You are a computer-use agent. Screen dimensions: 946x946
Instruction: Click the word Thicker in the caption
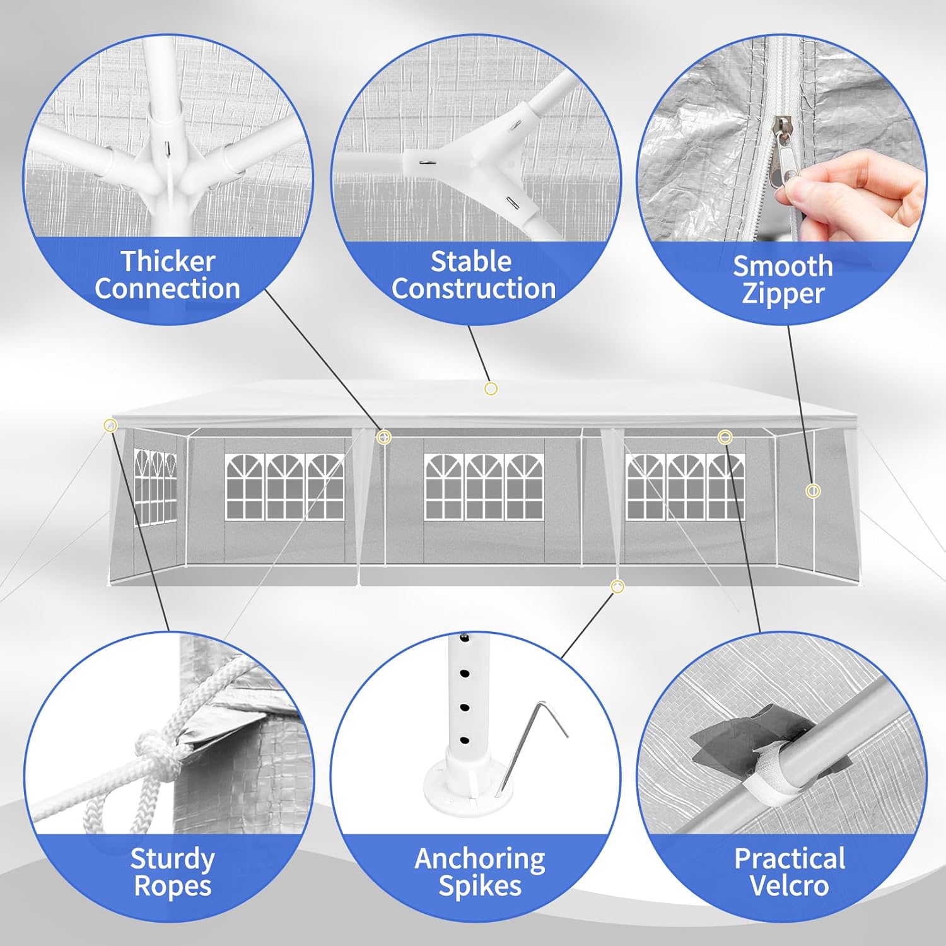(168, 261)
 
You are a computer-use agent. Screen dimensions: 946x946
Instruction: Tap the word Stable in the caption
(470, 261)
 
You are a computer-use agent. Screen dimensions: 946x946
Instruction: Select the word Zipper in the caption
(783, 294)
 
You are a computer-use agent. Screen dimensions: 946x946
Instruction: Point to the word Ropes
(172, 886)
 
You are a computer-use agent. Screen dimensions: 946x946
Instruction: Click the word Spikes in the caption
(480, 886)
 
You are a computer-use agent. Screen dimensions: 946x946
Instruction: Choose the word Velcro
(789, 885)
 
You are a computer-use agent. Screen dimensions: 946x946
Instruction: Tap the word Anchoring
(480, 859)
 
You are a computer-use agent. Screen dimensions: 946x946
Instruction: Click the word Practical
(790, 858)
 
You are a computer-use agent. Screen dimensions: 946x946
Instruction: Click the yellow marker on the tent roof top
(491, 388)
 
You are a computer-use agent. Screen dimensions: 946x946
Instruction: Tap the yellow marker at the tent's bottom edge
(618, 587)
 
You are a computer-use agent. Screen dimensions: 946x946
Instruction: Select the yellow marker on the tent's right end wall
(813, 491)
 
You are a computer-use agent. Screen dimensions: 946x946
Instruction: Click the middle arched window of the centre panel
(484, 487)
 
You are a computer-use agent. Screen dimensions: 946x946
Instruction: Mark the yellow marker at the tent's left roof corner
(111, 425)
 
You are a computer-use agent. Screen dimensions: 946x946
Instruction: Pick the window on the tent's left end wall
(155, 487)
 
